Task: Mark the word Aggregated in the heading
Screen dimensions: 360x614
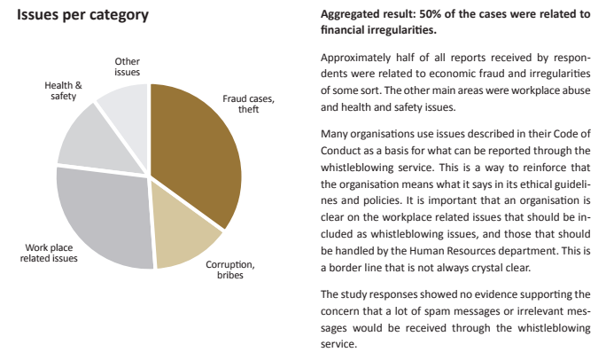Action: click(351, 14)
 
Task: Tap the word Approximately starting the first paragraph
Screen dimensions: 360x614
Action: click(353, 58)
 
